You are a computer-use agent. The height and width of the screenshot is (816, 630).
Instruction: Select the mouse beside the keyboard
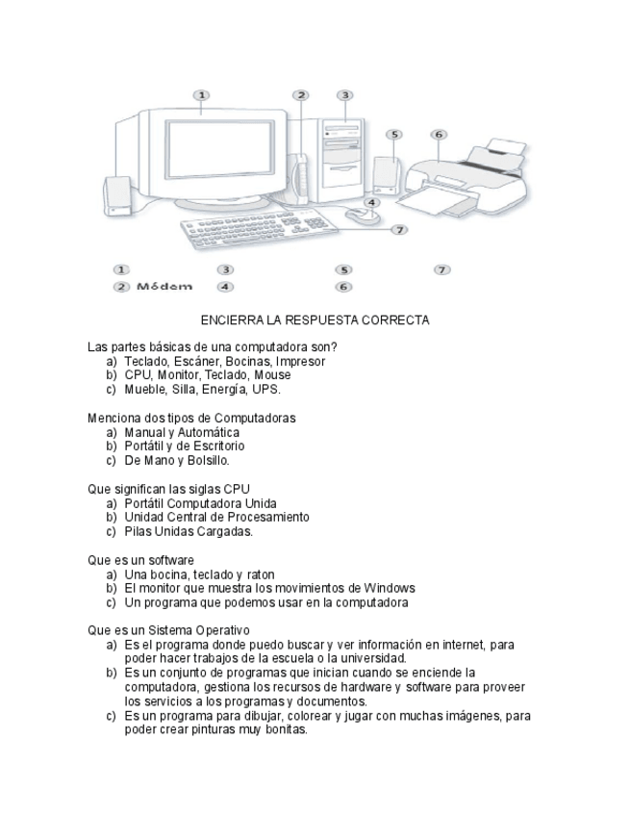(362, 214)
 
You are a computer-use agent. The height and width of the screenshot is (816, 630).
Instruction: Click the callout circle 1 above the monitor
(201, 95)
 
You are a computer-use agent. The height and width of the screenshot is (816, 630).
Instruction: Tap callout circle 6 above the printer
(439, 135)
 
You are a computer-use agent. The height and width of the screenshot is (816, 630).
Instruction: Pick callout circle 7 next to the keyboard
(399, 229)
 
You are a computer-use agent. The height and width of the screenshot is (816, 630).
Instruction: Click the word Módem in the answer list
(164, 286)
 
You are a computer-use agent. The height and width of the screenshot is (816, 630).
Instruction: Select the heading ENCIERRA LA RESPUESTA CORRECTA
(315, 320)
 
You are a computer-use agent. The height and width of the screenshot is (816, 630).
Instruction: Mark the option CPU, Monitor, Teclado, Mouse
(207, 375)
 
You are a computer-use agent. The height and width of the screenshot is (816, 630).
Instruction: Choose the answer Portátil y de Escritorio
(184, 446)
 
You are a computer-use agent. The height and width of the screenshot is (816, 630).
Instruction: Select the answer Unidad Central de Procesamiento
(216, 517)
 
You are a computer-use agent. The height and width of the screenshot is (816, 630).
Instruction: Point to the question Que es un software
(140, 560)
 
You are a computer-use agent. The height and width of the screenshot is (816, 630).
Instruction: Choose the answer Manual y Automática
(182, 432)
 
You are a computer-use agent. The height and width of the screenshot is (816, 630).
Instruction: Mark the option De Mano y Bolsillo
(177, 461)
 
